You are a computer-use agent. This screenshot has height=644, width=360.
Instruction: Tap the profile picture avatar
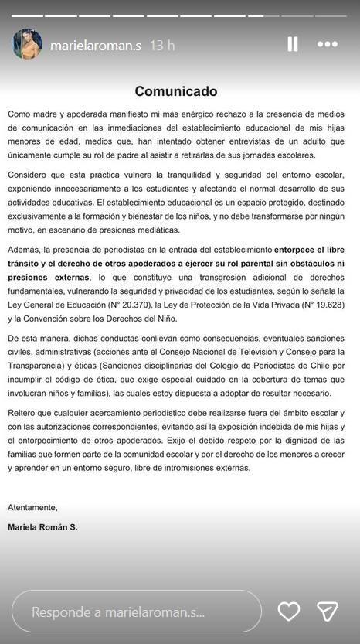click(27, 45)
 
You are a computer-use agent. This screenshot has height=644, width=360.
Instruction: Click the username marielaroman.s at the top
click(96, 46)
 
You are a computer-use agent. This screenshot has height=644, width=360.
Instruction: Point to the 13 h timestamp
click(161, 46)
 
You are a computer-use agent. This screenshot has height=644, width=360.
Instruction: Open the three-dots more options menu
click(328, 44)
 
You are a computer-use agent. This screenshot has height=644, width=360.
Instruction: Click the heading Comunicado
click(175, 91)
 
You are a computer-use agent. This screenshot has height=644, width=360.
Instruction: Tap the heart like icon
click(288, 612)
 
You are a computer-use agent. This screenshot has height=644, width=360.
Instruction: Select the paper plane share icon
click(328, 612)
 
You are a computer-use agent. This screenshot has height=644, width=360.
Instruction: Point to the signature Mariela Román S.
click(43, 527)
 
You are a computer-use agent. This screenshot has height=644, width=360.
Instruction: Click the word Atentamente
click(32, 507)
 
